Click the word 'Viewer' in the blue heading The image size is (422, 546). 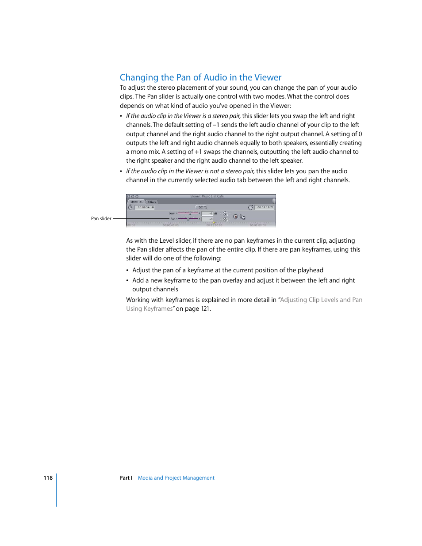pyautogui.click(x=268, y=78)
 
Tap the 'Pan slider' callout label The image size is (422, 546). pyautogui.click(x=101, y=218)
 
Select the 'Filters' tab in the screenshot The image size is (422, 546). pyautogui.click(x=152, y=202)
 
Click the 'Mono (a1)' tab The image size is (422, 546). pyautogui.click(x=137, y=202)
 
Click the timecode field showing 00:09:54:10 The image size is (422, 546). pyautogui.click(x=146, y=207)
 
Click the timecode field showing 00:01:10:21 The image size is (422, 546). pyautogui.click(x=265, y=207)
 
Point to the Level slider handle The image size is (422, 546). pyautogui.click(x=190, y=214)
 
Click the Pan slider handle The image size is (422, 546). pyautogui.click(x=188, y=219)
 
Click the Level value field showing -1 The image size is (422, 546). pyautogui.click(x=207, y=214)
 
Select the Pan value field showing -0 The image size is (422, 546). pyautogui.click(x=207, y=219)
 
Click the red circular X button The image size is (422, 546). pyautogui.click(x=236, y=217)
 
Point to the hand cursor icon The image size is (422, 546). pyautogui.click(x=243, y=217)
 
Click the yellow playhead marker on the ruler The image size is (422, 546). pyautogui.click(x=214, y=224)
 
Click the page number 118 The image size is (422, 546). pyautogui.click(x=48, y=478)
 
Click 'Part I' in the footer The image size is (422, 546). pyautogui.click(x=126, y=478)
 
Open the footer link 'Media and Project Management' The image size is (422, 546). pyautogui.click(x=176, y=478)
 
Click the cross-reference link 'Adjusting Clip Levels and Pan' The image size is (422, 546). pyautogui.click(x=321, y=300)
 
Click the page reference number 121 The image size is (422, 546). pyautogui.click(x=205, y=309)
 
